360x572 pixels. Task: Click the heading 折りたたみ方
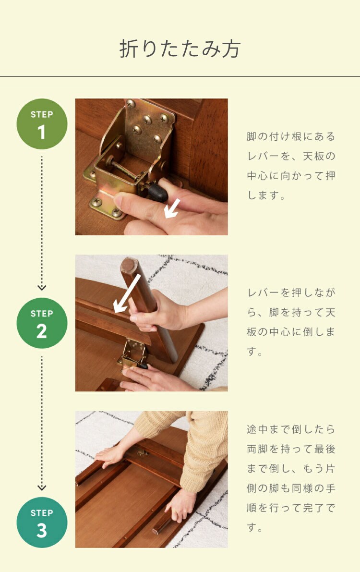click(180, 49)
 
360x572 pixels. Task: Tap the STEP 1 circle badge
click(42, 124)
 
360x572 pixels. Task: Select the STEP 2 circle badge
click(42, 323)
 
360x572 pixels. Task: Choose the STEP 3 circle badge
click(42, 523)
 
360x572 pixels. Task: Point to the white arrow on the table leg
click(127, 294)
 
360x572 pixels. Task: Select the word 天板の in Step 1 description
click(319, 156)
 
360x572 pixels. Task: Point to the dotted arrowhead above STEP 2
click(42, 288)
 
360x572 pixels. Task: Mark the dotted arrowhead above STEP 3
click(42, 488)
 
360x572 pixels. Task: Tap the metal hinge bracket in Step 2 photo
click(133, 353)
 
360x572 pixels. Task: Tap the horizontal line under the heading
click(180, 77)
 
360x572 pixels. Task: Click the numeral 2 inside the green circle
click(42, 331)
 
